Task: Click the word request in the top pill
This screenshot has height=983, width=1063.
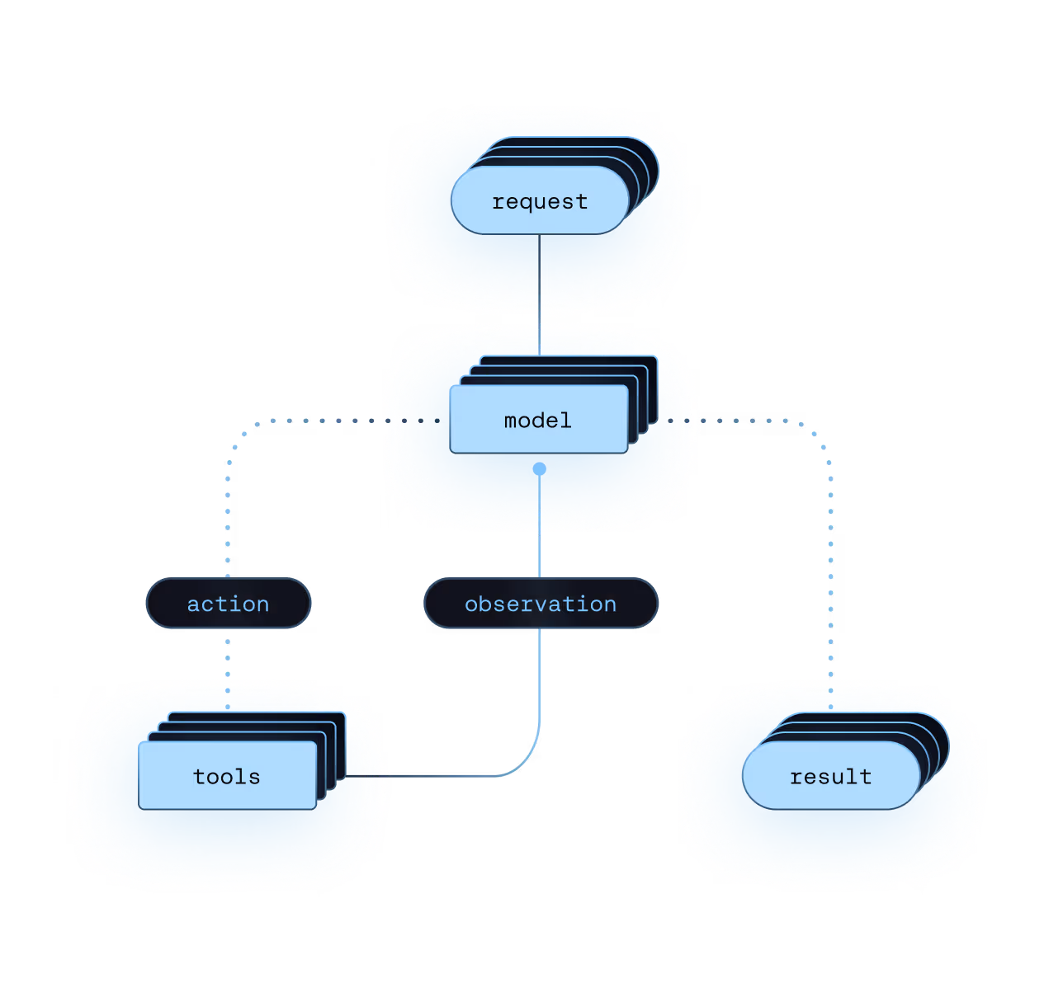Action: [x=540, y=202]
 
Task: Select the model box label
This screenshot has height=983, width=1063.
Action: [x=538, y=421]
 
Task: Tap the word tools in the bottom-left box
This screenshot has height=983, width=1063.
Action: [x=227, y=777]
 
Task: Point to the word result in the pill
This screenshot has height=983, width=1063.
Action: [x=830, y=777]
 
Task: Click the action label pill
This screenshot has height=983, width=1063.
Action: [x=229, y=604]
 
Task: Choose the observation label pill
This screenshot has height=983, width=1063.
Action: [x=541, y=604]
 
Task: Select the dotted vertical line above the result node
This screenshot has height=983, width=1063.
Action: [x=830, y=577]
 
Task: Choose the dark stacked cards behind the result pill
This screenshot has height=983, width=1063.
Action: [x=937, y=742]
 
